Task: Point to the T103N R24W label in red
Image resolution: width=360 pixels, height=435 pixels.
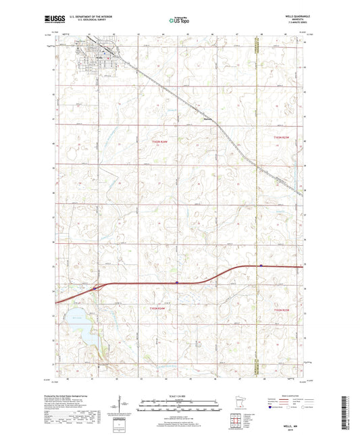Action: click(x=159, y=140)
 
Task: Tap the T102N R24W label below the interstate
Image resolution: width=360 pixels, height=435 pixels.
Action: click(x=159, y=308)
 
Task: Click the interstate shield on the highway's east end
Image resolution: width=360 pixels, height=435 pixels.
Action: click(x=261, y=265)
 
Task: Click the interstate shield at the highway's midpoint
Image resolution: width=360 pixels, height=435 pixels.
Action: click(x=177, y=282)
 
